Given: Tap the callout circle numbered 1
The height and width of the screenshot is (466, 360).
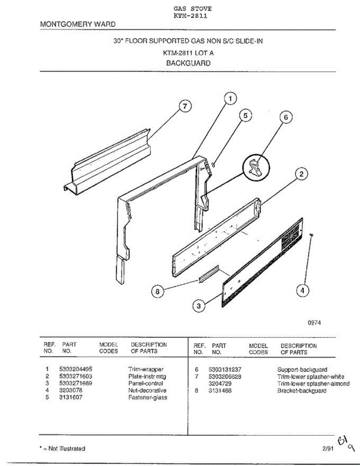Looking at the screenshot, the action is click(230, 99).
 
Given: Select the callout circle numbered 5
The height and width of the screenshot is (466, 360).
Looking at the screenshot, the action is click(245, 115).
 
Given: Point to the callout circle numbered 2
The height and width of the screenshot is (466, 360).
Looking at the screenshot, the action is click(301, 174).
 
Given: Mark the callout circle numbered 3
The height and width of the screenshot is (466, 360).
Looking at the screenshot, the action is click(199, 306).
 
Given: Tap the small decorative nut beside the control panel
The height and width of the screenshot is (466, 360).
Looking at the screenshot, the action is click(311, 235).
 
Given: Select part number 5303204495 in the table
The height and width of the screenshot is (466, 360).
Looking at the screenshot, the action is click(75, 369).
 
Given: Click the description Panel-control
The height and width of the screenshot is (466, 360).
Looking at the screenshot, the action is click(145, 383).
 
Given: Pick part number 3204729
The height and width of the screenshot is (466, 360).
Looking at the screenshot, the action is click(220, 384).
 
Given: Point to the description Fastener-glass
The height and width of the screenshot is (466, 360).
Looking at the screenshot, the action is click(148, 397).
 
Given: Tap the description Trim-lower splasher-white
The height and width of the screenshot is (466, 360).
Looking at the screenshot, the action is click(311, 377).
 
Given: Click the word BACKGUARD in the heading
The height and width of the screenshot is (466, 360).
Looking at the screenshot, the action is click(188, 63).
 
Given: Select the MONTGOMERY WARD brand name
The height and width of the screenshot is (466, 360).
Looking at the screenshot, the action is click(78, 24).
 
